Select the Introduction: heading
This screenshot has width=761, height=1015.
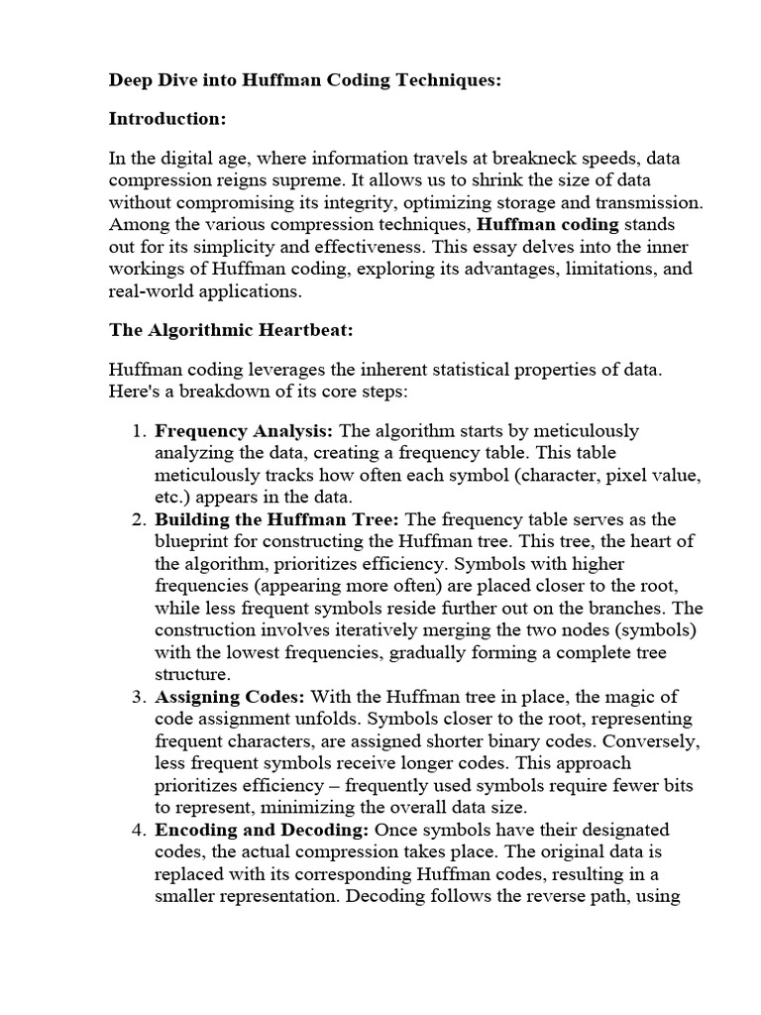click(x=167, y=119)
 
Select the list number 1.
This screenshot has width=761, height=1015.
click(x=137, y=431)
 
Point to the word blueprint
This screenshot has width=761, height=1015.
click(x=193, y=542)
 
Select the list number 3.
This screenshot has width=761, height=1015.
click(x=137, y=697)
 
